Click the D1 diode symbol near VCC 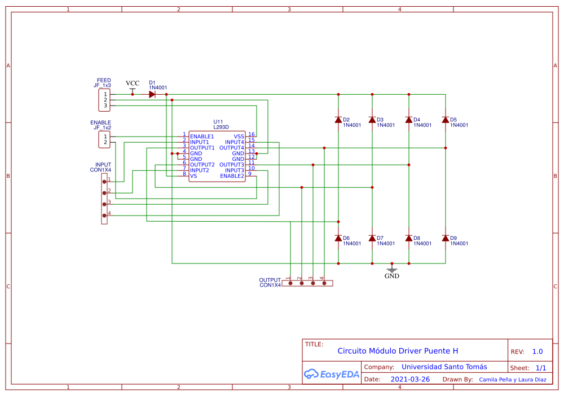[152, 94]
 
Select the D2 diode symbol [338, 120]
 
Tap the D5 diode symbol [446, 120]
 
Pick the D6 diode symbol [338, 238]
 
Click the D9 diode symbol [446, 238]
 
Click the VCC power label [133, 83]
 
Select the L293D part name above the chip [221, 127]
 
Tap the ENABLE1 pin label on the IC [202, 137]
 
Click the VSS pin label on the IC [239, 137]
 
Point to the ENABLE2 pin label [232, 176]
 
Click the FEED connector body [105, 100]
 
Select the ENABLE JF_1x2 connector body [105, 139]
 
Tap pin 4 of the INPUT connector [104, 215]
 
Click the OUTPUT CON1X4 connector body [307, 283]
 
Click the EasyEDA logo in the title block [331, 373]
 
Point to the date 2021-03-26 [410, 379]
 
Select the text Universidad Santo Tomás [436, 367]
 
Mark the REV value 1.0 [537, 351]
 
